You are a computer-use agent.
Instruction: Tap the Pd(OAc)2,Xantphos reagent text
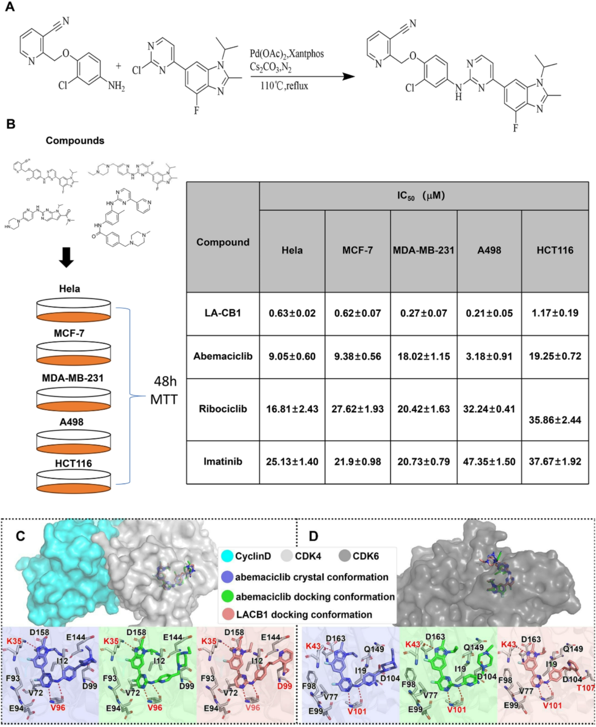(x=287, y=54)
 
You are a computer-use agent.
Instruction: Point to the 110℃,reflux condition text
(x=284, y=86)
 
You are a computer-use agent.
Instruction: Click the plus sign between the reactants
(x=118, y=66)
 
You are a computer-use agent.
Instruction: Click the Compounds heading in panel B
(x=75, y=141)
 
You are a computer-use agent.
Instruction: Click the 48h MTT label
(x=164, y=390)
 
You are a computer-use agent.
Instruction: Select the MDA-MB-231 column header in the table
(x=424, y=250)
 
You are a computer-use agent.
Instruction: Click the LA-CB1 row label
(x=223, y=313)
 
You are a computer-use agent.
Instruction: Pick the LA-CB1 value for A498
(x=489, y=313)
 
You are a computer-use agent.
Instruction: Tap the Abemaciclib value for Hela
(x=292, y=356)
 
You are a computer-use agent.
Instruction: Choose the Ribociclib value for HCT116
(x=555, y=420)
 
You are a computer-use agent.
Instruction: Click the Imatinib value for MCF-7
(x=358, y=462)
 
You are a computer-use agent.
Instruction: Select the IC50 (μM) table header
(x=421, y=196)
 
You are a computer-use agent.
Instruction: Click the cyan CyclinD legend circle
(x=227, y=556)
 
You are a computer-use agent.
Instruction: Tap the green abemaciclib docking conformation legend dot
(x=227, y=596)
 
